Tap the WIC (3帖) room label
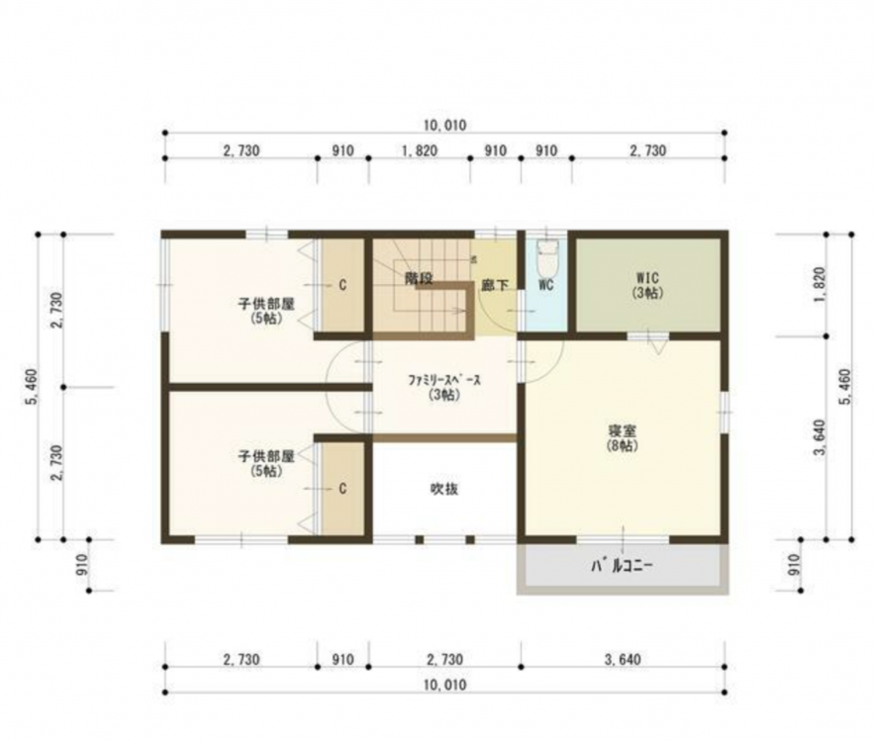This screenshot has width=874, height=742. [647, 285]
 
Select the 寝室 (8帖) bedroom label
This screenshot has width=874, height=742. [622, 438]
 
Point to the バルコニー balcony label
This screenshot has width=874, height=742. [622, 567]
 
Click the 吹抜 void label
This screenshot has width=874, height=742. [444, 489]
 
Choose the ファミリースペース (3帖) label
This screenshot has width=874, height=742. [444, 387]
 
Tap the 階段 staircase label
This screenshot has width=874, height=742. [419, 278]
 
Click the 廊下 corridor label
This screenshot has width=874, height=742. [495, 285]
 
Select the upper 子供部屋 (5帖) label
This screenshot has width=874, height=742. [266, 311]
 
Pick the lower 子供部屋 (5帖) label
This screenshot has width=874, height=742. [266, 463]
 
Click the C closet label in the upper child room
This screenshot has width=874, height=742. [342, 285]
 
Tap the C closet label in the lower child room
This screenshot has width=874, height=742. [342, 489]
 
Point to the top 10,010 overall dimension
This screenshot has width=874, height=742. [444, 126]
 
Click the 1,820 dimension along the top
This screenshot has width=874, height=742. [419, 151]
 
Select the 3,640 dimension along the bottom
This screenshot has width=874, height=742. [623, 660]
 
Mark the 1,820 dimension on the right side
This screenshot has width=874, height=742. [819, 285]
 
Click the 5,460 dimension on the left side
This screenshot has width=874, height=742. [32, 387]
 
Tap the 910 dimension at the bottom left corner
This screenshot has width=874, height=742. [82, 565]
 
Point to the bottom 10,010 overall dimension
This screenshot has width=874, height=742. [444, 686]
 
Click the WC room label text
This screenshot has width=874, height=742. [546, 285]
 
